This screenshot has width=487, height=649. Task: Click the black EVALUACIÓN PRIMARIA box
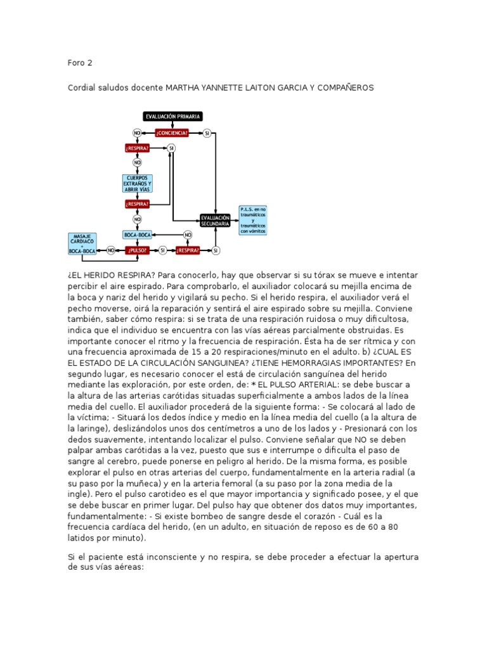tap(173, 117)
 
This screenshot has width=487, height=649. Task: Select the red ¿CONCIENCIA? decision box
tap(172, 133)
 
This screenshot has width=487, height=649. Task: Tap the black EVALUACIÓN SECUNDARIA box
tap(216, 220)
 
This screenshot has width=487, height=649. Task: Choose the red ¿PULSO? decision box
tap(138, 250)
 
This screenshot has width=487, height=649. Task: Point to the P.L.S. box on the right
tap(253, 220)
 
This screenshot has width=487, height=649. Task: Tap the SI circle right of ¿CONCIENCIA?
tap(207, 133)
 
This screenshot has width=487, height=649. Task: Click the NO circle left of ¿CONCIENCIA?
tap(137, 133)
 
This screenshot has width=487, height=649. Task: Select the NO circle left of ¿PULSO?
tap(111, 250)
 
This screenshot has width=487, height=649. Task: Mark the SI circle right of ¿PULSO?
tap(163, 250)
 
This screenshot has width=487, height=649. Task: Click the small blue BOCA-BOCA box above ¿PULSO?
tap(138, 235)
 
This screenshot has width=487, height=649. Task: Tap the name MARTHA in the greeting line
tap(183, 87)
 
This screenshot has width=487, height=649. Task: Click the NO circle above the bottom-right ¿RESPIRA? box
tap(188, 235)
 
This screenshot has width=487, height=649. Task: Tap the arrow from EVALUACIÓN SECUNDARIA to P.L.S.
tap(235, 220)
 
